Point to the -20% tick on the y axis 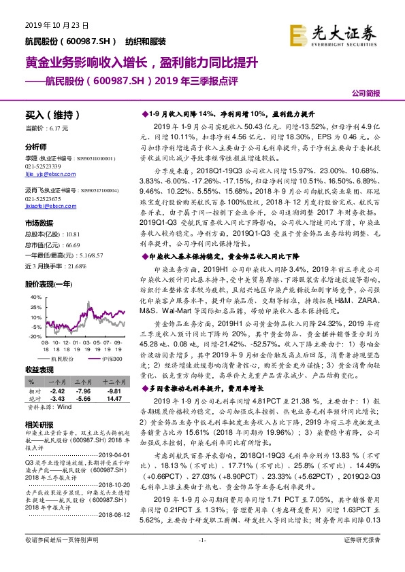click(31, 336)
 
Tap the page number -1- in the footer click(201, 558)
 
